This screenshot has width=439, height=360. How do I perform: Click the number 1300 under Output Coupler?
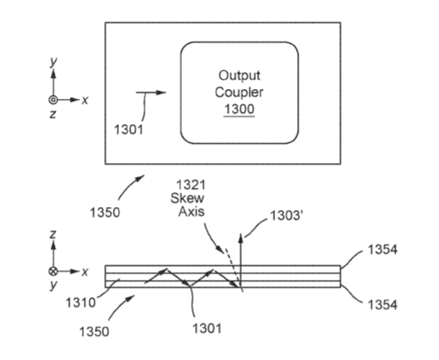[x=239, y=109]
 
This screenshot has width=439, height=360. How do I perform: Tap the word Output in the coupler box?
[x=239, y=76]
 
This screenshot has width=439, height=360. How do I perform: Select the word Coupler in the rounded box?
[x=239, y=92]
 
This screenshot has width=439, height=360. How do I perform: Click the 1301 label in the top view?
[x=129, y=130]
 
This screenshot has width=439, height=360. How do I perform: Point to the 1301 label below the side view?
[x=207, y=328]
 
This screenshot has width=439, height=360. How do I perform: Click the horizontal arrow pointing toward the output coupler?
[x=151, y=92]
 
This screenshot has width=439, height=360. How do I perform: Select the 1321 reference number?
[x=190, y=185]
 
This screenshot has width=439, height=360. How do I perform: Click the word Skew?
[x=187, y=198]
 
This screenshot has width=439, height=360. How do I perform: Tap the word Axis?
[x=191, y=211]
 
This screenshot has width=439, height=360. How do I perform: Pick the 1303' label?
[x=285, y=216]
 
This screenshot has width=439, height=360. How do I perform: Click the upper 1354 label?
[x=382, y=249]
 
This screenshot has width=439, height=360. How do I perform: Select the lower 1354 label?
[x=382, y=304]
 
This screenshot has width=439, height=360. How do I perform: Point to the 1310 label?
[x=81, y=303]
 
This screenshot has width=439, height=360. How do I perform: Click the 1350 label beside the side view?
[x=94, y=332]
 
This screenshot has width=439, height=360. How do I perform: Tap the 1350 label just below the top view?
[x=105, y=213]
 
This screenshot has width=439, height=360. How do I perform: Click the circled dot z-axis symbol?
[x=53, y=100]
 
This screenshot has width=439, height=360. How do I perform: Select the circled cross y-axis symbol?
[x=53, y=271]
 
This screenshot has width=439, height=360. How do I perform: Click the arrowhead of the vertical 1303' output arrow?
[x=241, y=238]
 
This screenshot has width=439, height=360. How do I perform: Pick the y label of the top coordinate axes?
[x=53, y=61]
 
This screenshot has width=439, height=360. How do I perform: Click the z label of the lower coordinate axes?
[x=53, y=234]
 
